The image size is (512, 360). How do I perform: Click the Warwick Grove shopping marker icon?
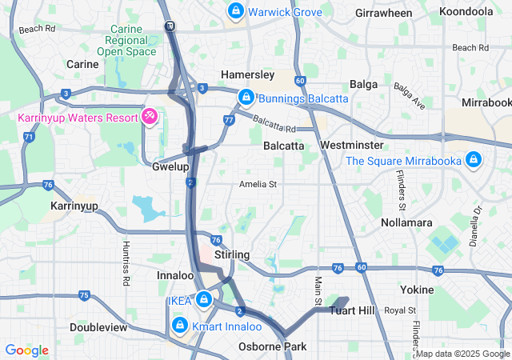pyautogui.click(x=236, y=11)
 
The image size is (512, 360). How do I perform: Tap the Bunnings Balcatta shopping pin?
pyautogui.click(x=246, y=98)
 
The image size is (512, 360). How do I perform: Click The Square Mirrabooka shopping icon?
pyautogui.click(x=474, y=160)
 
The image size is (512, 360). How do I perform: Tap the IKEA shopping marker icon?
pyautogui.click(x=204, y=300)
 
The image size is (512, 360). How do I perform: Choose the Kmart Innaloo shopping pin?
pyautogui.click(x=180, y=326)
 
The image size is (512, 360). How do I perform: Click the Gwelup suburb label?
pyautogui.click(x=170, y=167)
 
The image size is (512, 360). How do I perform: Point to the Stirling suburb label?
pyautogui.click(x=232, y=254)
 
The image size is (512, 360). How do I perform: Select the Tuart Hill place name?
pyautogui.click(x=353, y=310)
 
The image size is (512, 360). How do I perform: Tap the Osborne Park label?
pyautogui.click(x=272, y=346)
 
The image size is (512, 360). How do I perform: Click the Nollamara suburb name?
pyautogui.click(x=406, y=222)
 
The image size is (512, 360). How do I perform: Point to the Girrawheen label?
pyautogui.click(x=383, y=14)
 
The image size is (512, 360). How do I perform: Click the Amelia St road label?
pyautogui.click(x=258, y=184)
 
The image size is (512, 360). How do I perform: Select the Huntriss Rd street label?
pyautogui.click(x=126, y=263)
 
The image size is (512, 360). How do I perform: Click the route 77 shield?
pyautogui.click(x=229, y=120)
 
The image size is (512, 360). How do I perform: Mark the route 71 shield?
pyautogui.click(x=29, y=137)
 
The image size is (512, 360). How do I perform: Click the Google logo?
pyautogui.click(x=26, y=350)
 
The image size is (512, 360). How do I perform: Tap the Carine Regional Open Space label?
pyautogui.click(x=127, y=41)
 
